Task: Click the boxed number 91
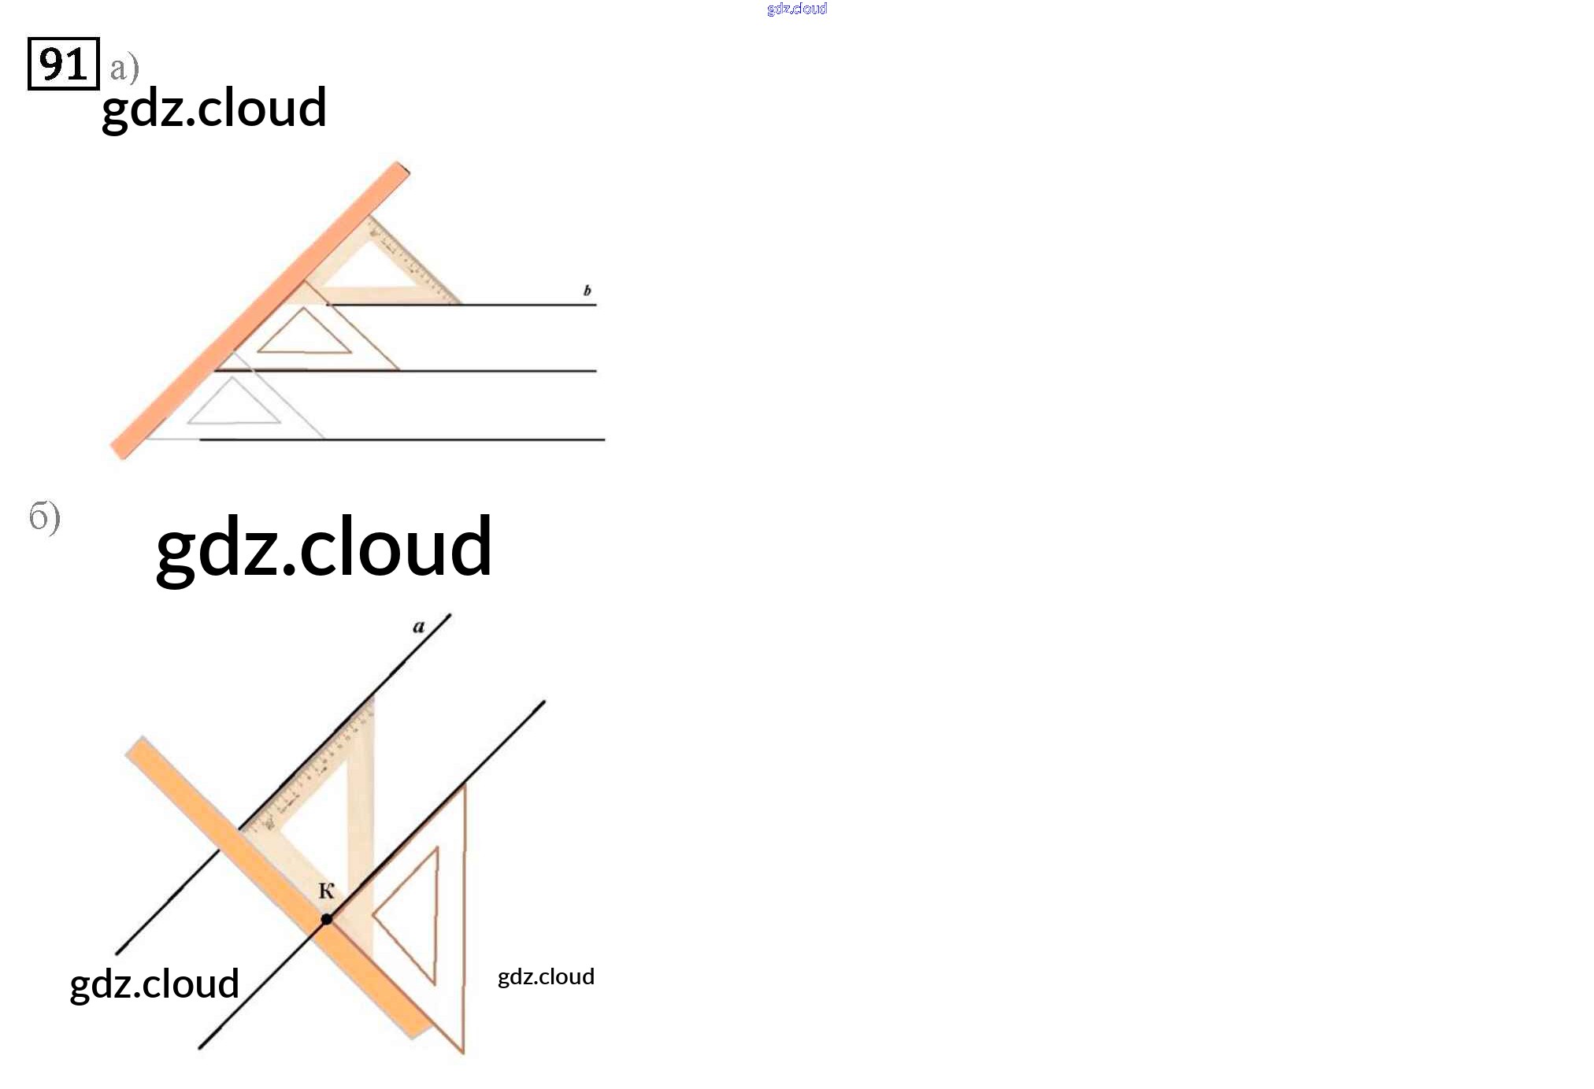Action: [63, 64]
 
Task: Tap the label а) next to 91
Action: [124, 69]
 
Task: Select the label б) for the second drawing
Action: [45, 517]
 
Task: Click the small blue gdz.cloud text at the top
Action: [796, 9]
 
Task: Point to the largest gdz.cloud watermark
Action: [324, 546]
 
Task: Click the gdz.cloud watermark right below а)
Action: [214, 109]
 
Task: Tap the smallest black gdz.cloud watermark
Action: [546, 977]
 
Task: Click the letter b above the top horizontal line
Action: [587, 291]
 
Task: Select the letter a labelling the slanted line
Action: [419, 627]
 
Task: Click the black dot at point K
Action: [326, 919]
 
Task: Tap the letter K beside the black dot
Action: [326, 891]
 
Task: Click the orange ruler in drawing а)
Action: [260, 311]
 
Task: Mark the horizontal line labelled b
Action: [528, 304]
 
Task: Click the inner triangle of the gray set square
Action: [234, 406]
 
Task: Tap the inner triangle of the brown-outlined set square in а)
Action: [304, 335]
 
